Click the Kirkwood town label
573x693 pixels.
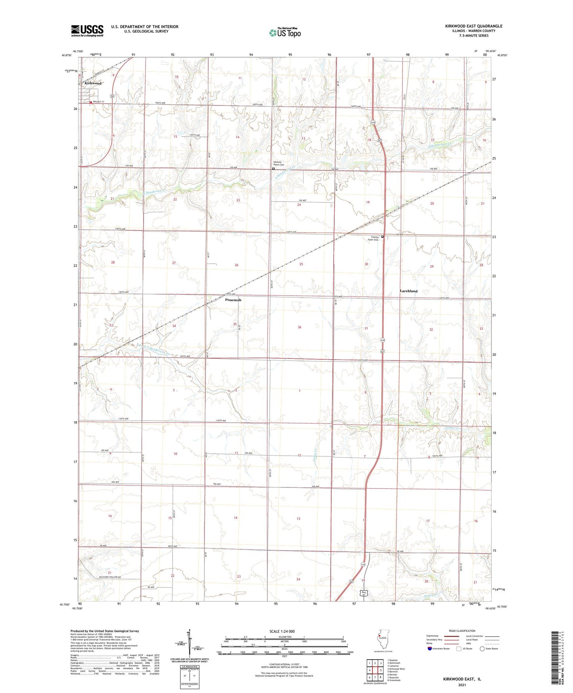(93, 83)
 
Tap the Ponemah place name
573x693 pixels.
(233, 300)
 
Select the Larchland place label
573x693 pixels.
(408, 291)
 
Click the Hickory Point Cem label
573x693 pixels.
(280, 164)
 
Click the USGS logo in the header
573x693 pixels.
(87, 31)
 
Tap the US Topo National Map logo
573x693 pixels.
(285, 32)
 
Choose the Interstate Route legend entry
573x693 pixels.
(439, 649)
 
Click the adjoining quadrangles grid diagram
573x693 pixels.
(375, 669)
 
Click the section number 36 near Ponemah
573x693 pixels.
(299, 327)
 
